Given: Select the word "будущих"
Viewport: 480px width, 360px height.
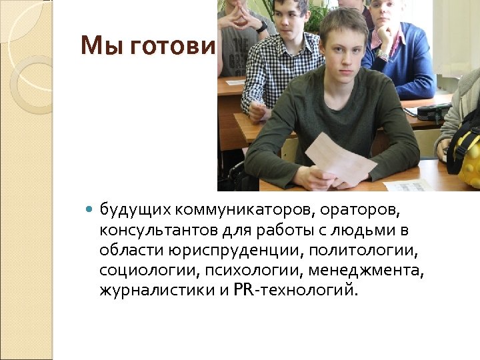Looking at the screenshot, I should tap(136, 211).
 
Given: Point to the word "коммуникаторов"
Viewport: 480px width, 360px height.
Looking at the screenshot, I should tap(245, 211).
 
